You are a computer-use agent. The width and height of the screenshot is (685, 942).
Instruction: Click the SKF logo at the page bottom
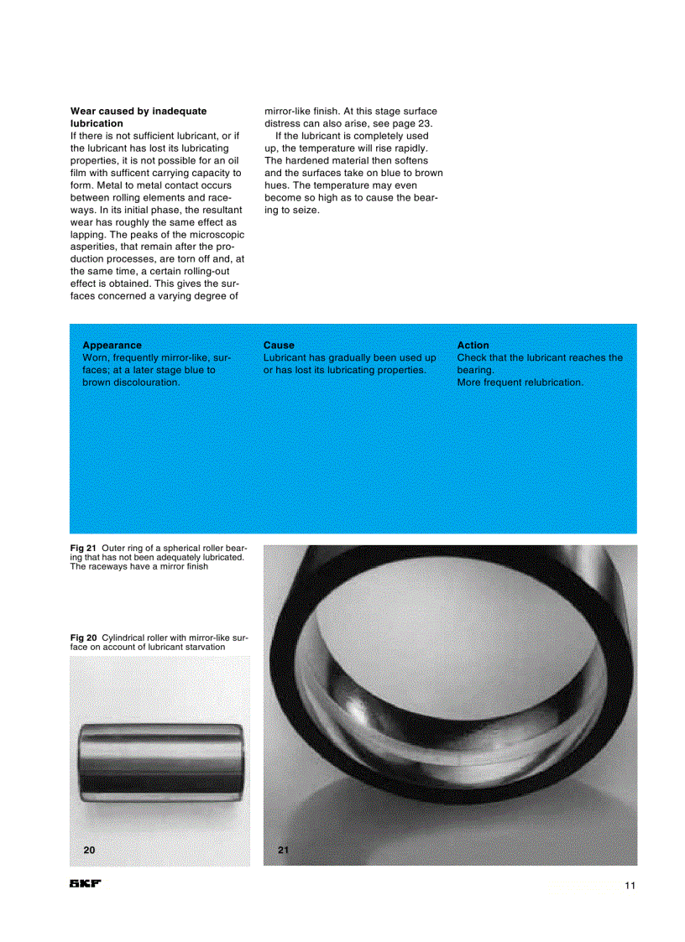(x=85, y=885)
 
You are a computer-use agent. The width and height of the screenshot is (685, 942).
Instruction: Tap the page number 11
(x=630, y=886)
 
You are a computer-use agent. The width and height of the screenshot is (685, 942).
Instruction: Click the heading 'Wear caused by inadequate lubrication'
(x=138, y=117)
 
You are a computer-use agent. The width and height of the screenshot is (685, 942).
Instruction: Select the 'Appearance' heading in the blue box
(x=112, y=345)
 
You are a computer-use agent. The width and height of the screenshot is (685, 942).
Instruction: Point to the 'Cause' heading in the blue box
(x=279, y=345)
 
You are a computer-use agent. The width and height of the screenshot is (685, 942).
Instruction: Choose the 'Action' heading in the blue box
(x=473, y=345)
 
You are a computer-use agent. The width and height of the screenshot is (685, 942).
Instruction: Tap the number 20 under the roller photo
(x=89, y=850)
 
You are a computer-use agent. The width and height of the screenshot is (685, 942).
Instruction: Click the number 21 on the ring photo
(x=283, y=850)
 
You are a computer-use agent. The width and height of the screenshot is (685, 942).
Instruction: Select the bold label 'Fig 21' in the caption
(x=83, y=549)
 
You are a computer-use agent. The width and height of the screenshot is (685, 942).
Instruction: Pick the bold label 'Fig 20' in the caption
(x=83, y=638)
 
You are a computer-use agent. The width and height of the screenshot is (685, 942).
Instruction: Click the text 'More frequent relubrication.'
(x=520, y=383)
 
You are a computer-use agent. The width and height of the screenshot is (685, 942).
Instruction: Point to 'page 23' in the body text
(x=412, y=123)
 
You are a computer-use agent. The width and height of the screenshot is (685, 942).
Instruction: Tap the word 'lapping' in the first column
(x=90, y=235)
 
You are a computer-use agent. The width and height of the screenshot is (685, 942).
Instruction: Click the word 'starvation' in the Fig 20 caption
(x=201, y=648)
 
